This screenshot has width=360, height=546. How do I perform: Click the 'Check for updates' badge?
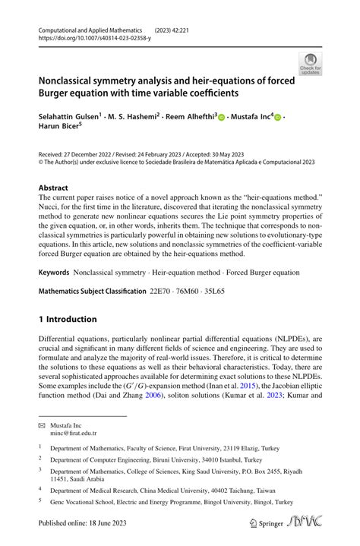pos(311,64)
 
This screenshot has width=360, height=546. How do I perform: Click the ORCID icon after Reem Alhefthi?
pos(221,118)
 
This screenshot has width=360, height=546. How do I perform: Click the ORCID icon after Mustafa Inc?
pos(278,118)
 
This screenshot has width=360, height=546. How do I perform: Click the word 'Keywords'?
pos(57,272)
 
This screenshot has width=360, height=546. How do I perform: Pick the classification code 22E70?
pos(188,292)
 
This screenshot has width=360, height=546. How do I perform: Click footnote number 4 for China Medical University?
pos(40,490)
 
